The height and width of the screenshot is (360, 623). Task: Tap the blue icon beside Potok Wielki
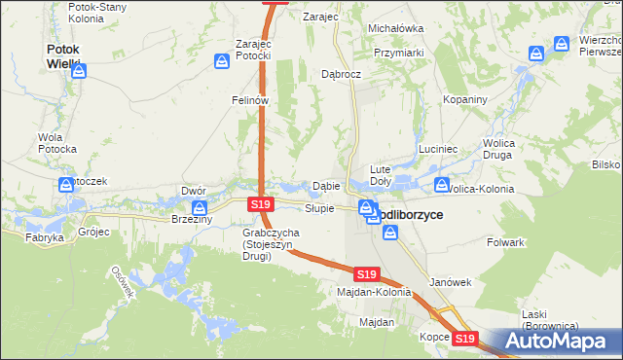(79, 71)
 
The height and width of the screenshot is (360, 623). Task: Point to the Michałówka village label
(395, 29)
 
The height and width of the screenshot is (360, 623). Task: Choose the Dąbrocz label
(342, 74)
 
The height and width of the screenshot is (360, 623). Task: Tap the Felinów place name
(249, 100)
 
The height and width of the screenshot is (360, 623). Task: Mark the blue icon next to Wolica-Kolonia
(442, 185)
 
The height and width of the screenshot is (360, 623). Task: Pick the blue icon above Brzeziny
(200, 208)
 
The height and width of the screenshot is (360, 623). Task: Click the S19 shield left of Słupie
(259, 205)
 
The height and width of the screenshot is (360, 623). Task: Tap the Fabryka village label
(45, 237)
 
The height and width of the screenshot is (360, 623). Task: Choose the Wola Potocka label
(56, 143)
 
